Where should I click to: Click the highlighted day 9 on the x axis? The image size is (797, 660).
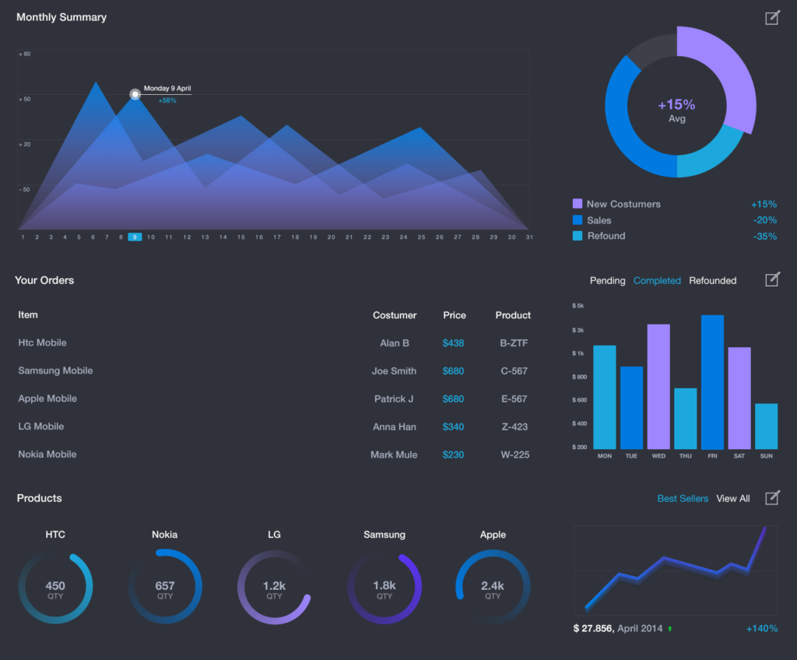pyautogui.click(x=135, y=237)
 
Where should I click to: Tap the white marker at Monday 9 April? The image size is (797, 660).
pyautogui.click(x=135, y=94)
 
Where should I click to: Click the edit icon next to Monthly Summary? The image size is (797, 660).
pyautogui.click(x=771, y=18)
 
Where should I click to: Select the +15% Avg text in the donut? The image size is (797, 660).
pyautogui.click(x=676, y=110)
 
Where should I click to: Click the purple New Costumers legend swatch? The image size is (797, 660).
pyautogui.click(x=578, y=204)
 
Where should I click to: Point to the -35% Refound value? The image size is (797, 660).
pyautogui.click(x=764, y=236)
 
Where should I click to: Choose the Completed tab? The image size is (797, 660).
pyautogui.click(x=657, y=280)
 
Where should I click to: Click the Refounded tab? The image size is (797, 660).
pyautogui.click(x=712, y=280)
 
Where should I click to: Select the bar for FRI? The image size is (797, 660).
pyautogui.click(x=712, y=382)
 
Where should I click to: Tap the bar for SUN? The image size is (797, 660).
pyautogui.click(x=766, y=426)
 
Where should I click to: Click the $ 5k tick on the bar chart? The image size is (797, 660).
pyautogui.click(x=578, y=306)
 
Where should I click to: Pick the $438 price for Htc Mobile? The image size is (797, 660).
pyautogui.click(x=453, y=342)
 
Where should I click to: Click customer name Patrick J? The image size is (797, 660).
pyautogui.click(x=394, y=398)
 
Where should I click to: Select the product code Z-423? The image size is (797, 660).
pyautogui.click(x=514, y=427)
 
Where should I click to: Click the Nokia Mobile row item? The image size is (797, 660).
pyautogui.click(x=47, y=455)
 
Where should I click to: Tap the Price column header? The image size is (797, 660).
pyautogui.click(x=455, y=315)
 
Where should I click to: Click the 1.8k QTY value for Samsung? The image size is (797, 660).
pyautogui.click(x=384, y=589)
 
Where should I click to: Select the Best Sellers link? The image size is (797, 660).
pyautogui.click(x=683, y=498)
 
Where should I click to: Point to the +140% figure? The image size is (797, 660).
pyautogui.click(x=761, y=628)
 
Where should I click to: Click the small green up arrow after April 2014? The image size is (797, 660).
pyautogui.click(x=669, y=628)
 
